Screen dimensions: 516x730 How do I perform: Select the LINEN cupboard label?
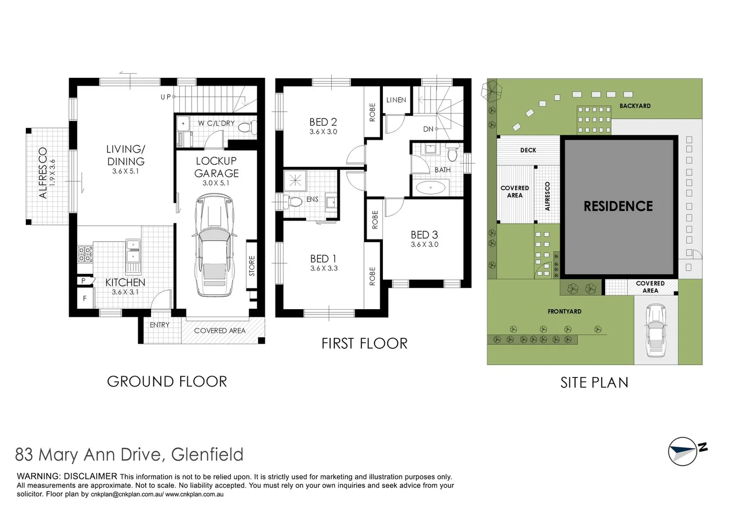(x=396, y=100)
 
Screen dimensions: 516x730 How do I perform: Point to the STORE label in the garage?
(x=252, y=266)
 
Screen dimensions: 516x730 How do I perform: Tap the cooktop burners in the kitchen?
(x=85, y=254)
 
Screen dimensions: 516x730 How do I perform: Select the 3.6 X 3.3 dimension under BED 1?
(x=324, y=269)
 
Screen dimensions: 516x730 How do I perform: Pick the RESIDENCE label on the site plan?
(x=618, y=206)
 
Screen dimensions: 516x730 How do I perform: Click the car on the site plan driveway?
(x=655, y=331)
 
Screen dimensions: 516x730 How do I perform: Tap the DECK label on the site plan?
(x=528, y=150)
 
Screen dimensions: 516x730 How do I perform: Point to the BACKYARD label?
(x=634, y=106)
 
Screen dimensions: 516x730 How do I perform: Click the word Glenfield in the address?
(x=207, y=454)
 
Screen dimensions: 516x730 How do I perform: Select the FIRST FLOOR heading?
(x=364, y=344)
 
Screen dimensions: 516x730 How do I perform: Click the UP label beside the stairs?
(x=165, y=97)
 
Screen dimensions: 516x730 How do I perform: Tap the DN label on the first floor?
(x=428, y=129)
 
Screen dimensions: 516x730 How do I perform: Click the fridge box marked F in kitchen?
(x=85, y=298)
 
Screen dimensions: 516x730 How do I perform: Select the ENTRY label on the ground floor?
(x=159, y=325)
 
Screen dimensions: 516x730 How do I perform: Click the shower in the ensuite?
(x=295, y=181)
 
